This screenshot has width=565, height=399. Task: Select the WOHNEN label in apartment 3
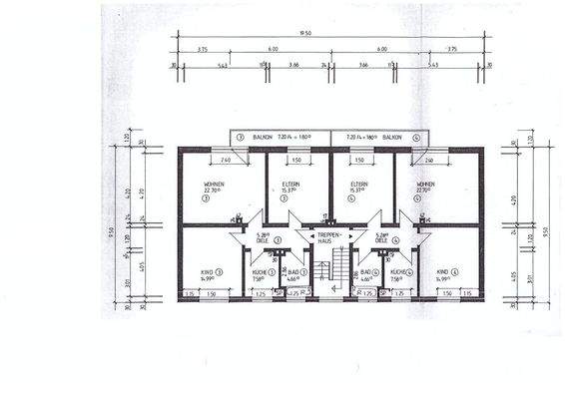coord(214,184)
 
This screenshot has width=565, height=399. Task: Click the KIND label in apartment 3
coord(206,271)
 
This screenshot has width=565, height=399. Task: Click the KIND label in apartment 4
coord(442,271)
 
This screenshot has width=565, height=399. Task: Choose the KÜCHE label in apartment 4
coord(396,271)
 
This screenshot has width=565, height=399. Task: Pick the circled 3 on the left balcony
coord(241,138)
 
